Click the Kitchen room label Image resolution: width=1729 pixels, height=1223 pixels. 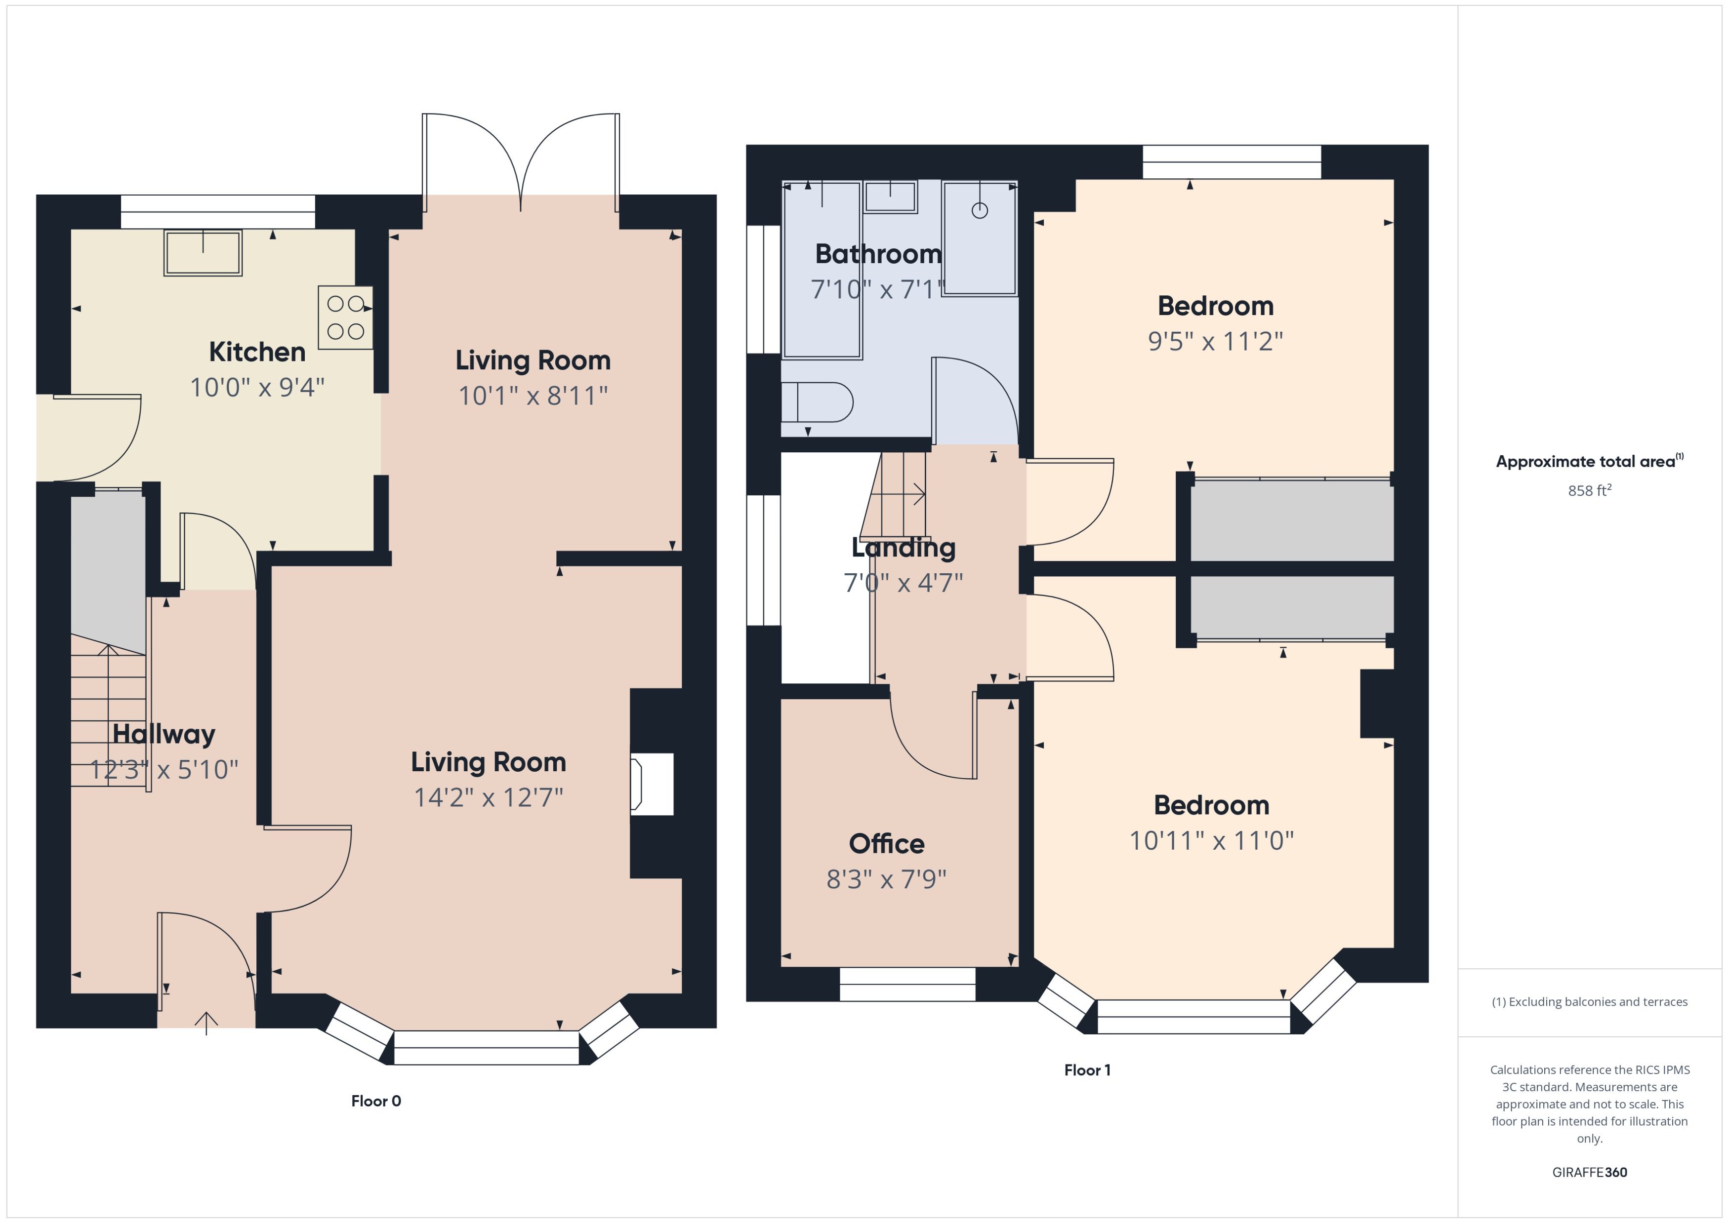[257, 352]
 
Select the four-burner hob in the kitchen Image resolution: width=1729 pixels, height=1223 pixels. [345, 317]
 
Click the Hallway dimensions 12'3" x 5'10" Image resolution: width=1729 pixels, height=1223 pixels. [164, 769]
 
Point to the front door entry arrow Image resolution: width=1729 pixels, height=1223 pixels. [206, 1023]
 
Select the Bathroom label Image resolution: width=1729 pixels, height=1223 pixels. [878, 254]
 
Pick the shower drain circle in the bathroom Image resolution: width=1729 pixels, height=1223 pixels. [980, 211]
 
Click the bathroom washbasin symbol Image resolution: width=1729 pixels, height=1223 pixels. [891, 197]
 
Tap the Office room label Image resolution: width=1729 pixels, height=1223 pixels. [887, 843]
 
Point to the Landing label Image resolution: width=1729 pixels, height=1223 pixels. [904, 548]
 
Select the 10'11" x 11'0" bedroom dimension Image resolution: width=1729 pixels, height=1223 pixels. [1211, 840]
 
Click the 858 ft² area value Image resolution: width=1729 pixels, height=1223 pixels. [1590, 490]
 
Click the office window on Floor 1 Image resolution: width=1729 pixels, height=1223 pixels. [907, 984]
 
